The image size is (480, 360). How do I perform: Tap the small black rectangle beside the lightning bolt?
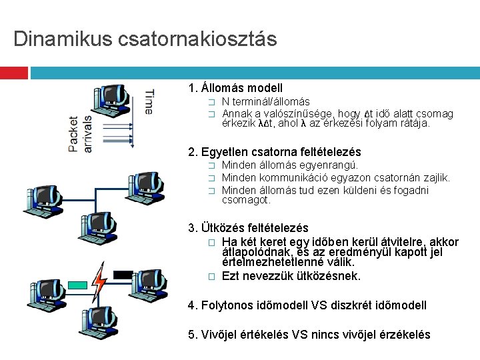[x=123, y=274]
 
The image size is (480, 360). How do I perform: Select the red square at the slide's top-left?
[x=13, y=72]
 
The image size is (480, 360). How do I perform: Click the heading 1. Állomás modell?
[x=236, y=88]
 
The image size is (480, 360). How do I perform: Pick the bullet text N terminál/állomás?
[x=265, y=102]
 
